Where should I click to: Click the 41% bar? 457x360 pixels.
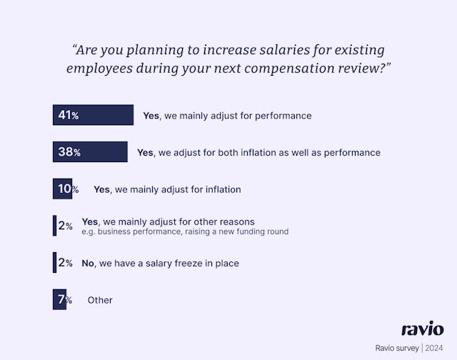point(93,115)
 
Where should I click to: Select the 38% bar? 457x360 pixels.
point(90,152)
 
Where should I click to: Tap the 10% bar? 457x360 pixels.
point(62,189)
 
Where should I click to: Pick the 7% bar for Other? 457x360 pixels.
point(59,300)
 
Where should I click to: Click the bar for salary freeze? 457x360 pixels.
point(54,263)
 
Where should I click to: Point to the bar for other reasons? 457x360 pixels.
point(54,226)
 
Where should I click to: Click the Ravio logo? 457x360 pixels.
point(422,329)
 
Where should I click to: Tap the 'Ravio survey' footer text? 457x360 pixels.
point(398,348)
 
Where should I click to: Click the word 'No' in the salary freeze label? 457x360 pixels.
point(88,264)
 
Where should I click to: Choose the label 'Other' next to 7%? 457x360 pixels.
point(100,300)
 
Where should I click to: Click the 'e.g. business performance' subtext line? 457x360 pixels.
point(185,231)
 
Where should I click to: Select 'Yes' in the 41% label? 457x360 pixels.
point(151,115)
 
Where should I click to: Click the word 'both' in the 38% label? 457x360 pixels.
point(224,152)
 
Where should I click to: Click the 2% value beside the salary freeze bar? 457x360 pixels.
point(66,263)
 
